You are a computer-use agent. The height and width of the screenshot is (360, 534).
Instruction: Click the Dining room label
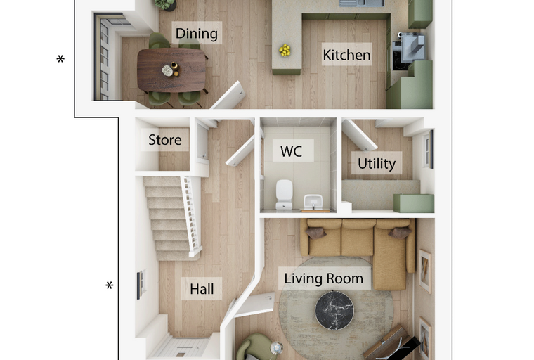(197, 34)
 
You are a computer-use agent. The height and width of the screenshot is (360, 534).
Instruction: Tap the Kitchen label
(346, 55)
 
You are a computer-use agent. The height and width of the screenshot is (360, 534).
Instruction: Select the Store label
(165, 140)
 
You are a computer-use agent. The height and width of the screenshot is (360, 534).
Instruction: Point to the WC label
(291, 151)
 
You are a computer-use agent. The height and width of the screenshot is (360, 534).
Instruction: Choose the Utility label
(377, 164)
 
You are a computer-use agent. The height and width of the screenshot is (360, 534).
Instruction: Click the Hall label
(202, 289)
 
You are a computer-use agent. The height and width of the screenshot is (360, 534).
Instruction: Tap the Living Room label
(323, 278)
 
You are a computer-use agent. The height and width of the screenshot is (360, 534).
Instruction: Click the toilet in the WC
(284, 194)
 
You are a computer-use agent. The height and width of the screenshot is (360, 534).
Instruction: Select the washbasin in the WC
(313, 202)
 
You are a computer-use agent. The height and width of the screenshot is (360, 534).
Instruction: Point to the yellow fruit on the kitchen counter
(285, 51)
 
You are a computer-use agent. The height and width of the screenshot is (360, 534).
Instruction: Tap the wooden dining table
(171, 70)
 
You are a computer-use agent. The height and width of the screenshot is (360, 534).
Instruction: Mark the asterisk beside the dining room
(60, 59)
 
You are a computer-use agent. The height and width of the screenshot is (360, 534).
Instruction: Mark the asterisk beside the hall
(110, 285)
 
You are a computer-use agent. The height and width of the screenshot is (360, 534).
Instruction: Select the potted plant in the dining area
(166, 5)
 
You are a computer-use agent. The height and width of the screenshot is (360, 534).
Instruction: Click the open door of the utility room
(359, 135)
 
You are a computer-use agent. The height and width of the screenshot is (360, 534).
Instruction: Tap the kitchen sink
(361, 3)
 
